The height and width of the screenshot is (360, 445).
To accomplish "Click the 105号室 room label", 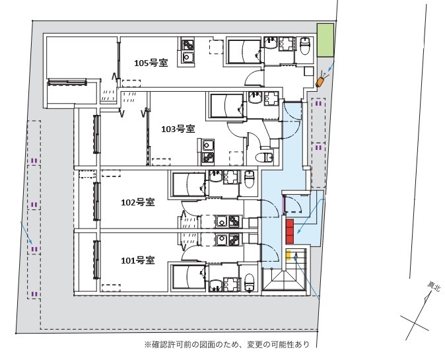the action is click(x=151, y=63).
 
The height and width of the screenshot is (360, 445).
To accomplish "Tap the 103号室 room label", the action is click(x=178, y=129).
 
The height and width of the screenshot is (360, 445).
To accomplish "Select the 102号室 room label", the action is click(x=138, y=203).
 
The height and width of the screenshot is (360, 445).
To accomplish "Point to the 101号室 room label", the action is click(x=138, y=260).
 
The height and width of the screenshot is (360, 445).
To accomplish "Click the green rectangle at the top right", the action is click(x=325, y=40).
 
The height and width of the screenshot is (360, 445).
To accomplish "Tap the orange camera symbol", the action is click(x=320, y=81).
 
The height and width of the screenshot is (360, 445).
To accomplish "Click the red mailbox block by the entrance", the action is click(x=289, y=231).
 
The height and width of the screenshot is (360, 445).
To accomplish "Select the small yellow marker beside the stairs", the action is click(x=288, y=255).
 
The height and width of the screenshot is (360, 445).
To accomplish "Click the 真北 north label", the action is click(x=434, y=286).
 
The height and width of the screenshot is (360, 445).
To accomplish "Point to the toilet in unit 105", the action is click(x=305, y=46).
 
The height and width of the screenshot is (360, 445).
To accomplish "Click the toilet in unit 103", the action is click(x=264, y=157).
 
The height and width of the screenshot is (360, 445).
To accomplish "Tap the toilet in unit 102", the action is click(x=249, y=179).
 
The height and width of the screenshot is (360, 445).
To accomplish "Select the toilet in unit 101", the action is click(x=249, y=283).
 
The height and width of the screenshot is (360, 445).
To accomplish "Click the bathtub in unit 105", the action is click(x=244, y=52).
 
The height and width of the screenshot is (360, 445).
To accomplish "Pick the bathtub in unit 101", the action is click(x=189, y=277).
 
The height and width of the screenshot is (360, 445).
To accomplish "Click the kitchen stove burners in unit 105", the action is click(x=188, y=45).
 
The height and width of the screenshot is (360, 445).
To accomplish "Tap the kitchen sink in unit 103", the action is click(x=207, y=145).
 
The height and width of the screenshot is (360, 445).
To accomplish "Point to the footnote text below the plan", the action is click(x=227, y=344).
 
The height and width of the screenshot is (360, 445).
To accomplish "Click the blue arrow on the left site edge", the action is click(x=26, y=233).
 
